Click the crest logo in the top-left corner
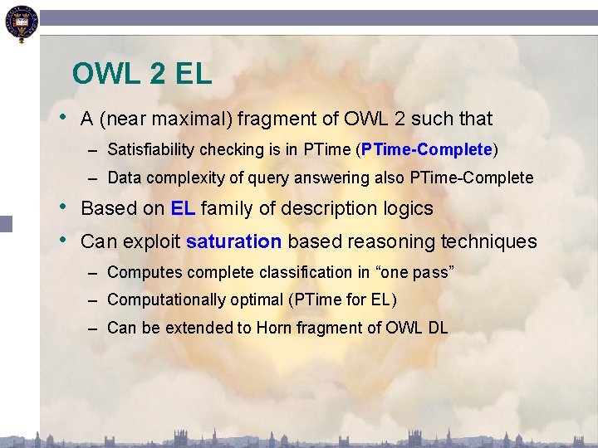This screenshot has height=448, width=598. coord(20,22)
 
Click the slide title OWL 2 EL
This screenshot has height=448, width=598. coord(142,75)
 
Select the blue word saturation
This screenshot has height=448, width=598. coord(234,242)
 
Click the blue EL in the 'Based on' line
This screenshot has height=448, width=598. coord(183,208)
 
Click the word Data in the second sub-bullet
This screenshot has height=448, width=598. coord(123,178)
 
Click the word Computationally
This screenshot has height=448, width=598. coord(160,299)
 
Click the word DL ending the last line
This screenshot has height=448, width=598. coord(438,328)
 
